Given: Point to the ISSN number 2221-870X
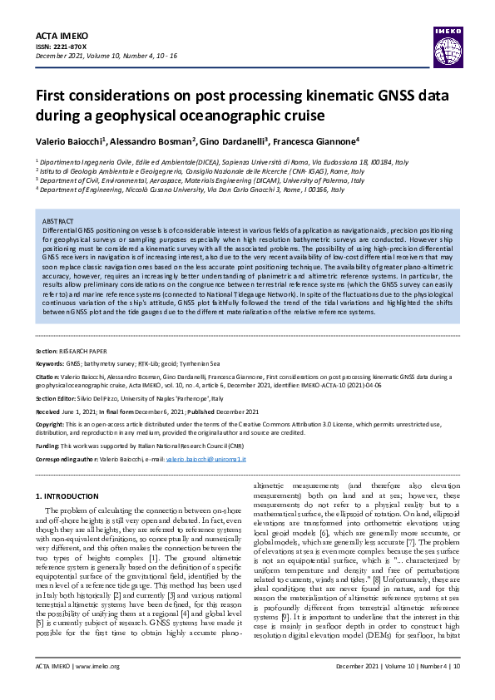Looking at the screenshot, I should [x=67, y=48].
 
